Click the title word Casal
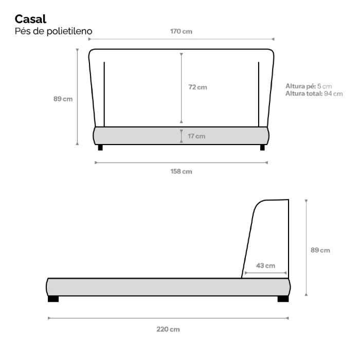[x=30, y=19]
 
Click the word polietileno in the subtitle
[x=69, y=31]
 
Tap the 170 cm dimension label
[x=181, y=31]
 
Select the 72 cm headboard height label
[x=197, y=87]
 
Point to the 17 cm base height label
[x=196, y=136]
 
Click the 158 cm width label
[x=181, y=171]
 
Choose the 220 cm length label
[x=168, y=330]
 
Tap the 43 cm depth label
[x=265, y=266]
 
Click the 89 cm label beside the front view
[x=63, y=99]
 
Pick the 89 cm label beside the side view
[x=320, y=250]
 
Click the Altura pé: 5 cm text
[x=309, y=86]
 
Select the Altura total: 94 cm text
[x=314, y=94]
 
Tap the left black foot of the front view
[x=100, y=148]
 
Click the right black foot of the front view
[x=262, y=148]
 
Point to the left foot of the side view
[x=53, y=299]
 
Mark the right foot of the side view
[x=283, y=299]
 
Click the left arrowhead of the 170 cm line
[x=89, y=39]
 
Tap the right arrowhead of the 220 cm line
[x=287, y=318]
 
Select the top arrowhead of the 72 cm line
[x=182, y=55]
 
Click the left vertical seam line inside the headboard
[x=104, y=94]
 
